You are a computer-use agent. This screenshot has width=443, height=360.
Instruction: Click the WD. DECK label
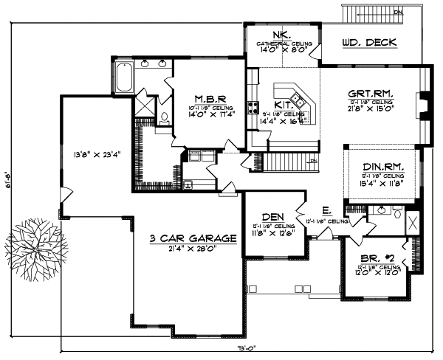(369, 43)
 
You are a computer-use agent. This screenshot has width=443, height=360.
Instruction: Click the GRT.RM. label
(371, 94)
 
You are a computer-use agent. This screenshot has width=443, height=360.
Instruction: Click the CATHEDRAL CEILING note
(284, 44)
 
